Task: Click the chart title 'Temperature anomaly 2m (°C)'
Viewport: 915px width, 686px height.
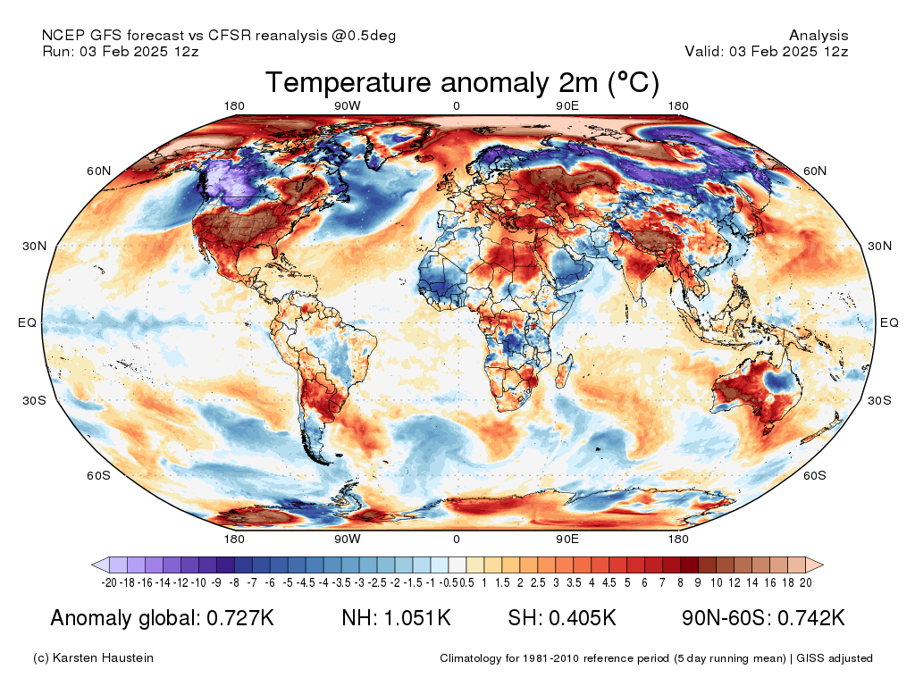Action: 462,83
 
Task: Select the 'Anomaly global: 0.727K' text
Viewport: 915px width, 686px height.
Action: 162,618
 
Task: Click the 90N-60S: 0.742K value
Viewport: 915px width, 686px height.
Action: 762,618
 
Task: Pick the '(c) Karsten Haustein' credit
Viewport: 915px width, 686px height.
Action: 93,658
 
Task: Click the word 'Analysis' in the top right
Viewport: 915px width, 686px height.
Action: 818,36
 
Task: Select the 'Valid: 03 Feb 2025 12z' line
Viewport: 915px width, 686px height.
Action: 766,52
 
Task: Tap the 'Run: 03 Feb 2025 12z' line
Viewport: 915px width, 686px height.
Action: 120,52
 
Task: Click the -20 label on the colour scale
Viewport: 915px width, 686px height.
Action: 109,582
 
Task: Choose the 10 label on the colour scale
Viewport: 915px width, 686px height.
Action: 716,582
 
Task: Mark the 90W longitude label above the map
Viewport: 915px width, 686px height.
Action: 347,106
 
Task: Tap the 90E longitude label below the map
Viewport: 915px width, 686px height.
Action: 567,539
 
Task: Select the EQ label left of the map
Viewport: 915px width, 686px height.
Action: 27,323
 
